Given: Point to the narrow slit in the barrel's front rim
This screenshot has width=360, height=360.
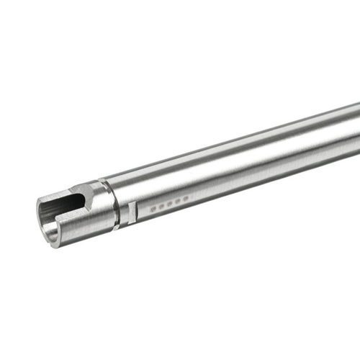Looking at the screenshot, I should click(x=56, y=210).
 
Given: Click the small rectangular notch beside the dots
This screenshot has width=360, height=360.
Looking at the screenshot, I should click(x=132, y=212).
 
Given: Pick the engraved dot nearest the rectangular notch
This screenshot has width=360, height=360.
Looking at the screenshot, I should click(x=153, y=209).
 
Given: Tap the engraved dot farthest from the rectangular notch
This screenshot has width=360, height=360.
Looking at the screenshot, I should click(x=186, y=196).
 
